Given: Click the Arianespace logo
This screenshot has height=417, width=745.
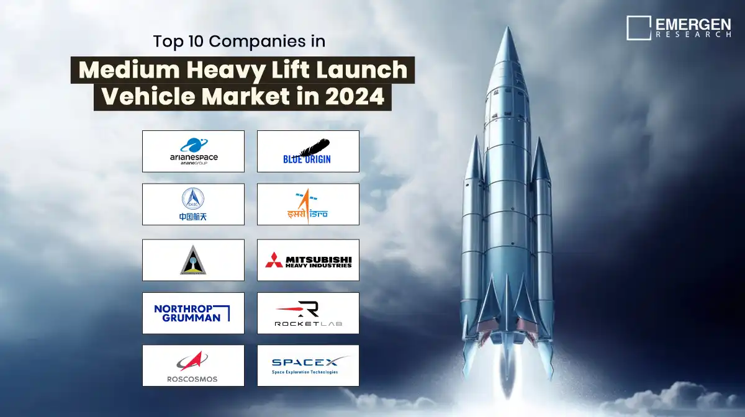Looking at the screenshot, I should click(193, 151).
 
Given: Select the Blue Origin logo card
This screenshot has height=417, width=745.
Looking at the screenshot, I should click(308, 151).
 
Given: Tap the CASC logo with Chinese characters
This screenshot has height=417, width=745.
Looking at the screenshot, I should click(193, 204).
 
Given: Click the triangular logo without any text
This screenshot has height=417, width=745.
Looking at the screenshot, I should click(193, 259).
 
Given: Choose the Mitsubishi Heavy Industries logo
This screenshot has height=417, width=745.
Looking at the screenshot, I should click(308, 260).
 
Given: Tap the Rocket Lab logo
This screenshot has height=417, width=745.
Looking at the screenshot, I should click(308, 313).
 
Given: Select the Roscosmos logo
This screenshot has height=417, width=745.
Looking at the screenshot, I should click(193, 365).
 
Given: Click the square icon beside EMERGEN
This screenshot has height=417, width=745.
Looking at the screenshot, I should click(638, 28).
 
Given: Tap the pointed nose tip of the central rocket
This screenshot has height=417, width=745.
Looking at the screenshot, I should click(508, 29).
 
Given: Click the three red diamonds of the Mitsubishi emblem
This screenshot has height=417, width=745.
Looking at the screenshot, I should click(273, 260).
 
